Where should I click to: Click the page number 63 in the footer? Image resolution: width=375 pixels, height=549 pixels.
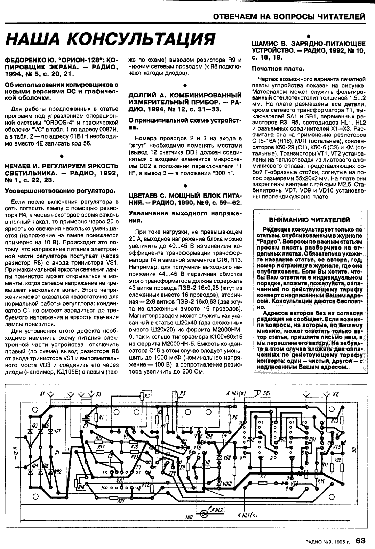point(360,541)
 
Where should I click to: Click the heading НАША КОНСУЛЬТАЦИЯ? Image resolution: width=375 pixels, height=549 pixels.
point(111,39)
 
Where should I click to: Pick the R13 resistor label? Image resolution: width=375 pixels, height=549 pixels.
point(335,421)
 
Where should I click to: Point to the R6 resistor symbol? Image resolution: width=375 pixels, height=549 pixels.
point(234,417)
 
